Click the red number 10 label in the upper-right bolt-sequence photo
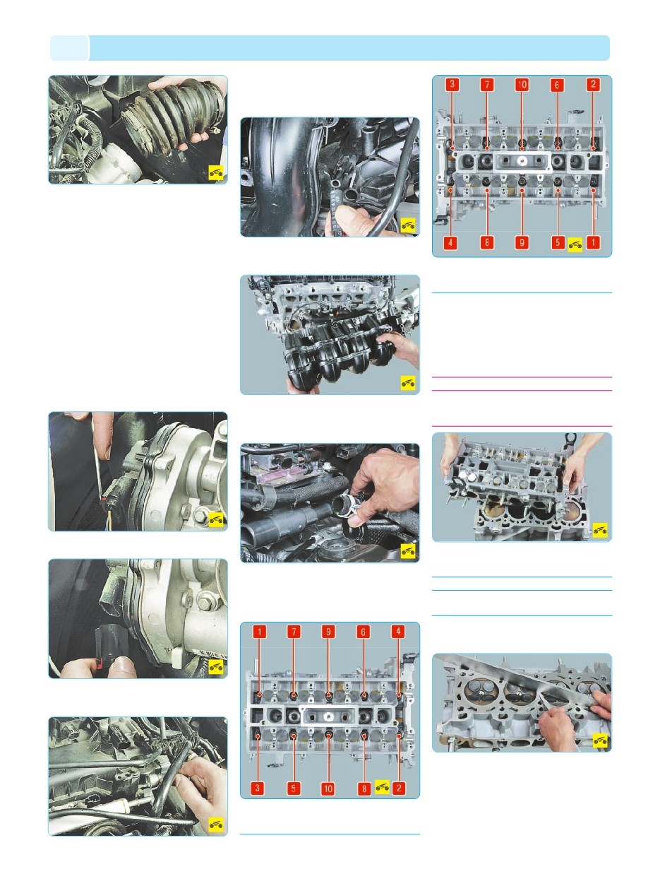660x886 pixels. [x=522, y=85]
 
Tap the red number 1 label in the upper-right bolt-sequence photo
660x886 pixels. [x=593, y=242]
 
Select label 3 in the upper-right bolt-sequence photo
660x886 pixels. [x=452, y=84]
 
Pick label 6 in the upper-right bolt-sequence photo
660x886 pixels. [x=557, y=85]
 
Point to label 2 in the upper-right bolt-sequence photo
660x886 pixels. [x=593, y=84]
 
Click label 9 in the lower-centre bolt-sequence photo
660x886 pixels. [x=328, y=632]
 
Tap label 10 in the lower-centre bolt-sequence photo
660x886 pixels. [x=328, y=788]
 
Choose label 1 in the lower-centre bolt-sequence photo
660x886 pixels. [x=259, y=632]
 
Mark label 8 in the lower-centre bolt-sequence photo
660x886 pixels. [x=364, y=788]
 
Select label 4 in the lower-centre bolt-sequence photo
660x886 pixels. [x=398, y=632]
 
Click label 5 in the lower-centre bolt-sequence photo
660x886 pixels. [x=293, y=788]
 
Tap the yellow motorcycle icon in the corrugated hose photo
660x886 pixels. [x=216, y=173]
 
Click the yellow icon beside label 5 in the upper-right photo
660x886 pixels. [x=575, y=244]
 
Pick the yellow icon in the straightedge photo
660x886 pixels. [x=600, y=740]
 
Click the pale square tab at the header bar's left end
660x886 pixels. [x=69, y=48]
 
